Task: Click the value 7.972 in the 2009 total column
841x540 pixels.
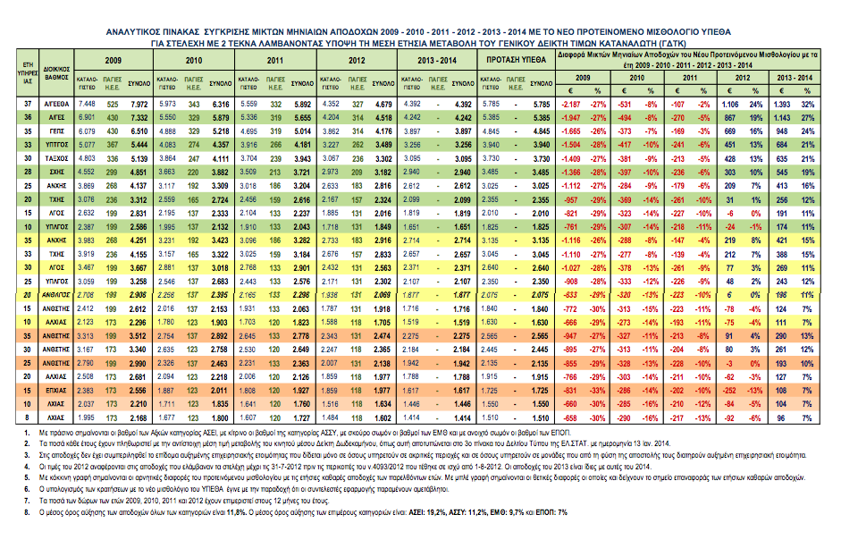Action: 139,104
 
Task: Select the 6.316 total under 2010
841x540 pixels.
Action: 221,104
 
